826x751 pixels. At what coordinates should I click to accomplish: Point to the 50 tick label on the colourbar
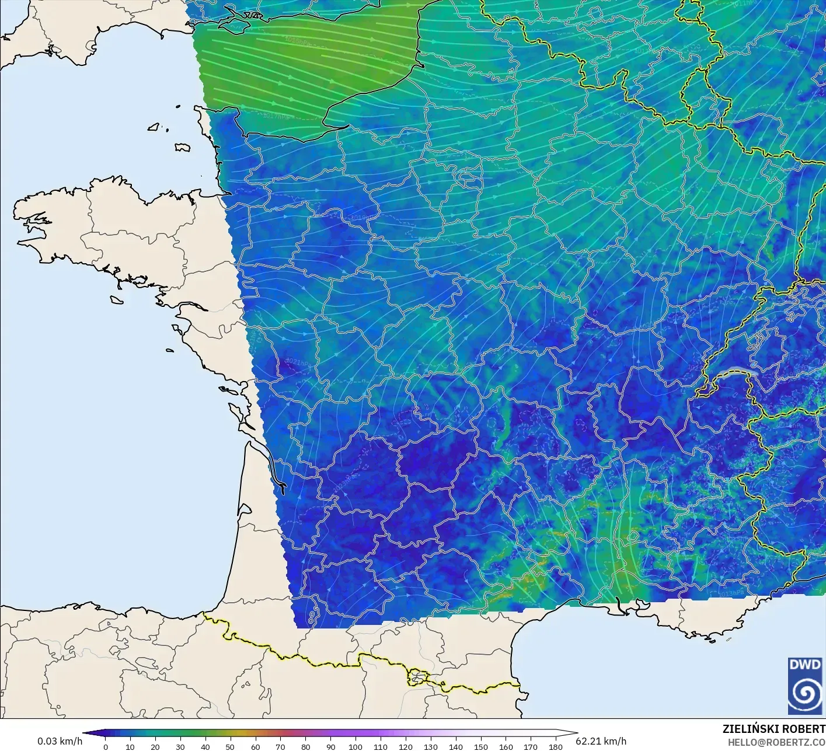(x=231, y=747)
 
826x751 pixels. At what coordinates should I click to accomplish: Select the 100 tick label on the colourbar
(x=356, y=747)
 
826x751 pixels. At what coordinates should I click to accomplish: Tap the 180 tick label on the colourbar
(x=556, y=747)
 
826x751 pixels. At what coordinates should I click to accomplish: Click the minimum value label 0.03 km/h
(x=60, y=742)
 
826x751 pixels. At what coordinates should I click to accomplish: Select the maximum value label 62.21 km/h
(x=601, y=741)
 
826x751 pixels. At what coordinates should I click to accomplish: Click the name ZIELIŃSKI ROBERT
(x=773, y=729)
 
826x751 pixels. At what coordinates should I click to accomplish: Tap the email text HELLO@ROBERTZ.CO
(x=776, y=741)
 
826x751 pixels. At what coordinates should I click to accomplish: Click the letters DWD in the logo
(x=804, y=665)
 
